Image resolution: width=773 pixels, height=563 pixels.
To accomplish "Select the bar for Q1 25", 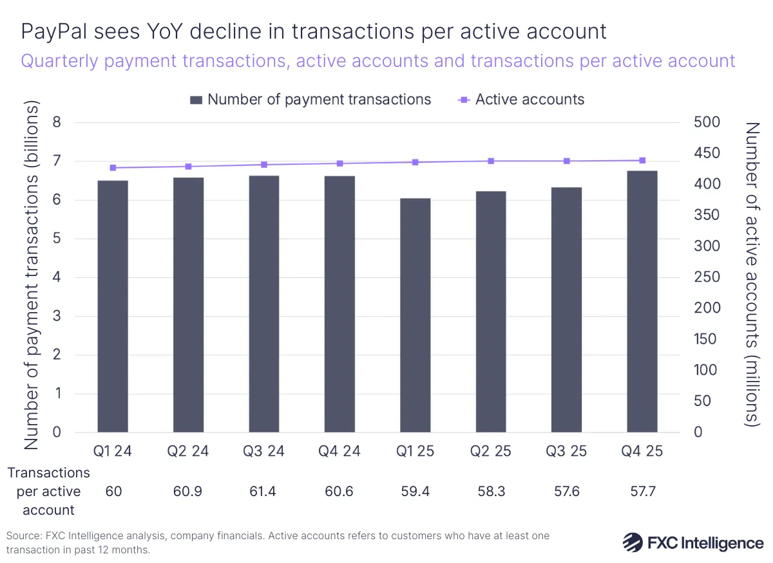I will [x=415, y=315].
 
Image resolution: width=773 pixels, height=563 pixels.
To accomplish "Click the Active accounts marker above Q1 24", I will [x=113, y=168].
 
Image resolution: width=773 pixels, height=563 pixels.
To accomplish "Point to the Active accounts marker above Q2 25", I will [x=491, y=161].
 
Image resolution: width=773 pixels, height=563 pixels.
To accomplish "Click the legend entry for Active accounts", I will [x=521, y=100].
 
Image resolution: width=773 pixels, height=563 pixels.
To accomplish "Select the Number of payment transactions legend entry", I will [x=311, y=100].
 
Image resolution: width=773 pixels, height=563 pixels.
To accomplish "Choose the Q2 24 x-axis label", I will [x=188, y=452].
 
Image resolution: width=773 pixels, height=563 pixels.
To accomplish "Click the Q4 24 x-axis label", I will [x=339, y=452].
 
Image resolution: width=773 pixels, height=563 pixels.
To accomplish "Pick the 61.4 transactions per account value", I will [x=264, y=492].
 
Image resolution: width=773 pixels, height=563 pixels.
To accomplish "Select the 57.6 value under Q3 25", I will [x=566, y=492].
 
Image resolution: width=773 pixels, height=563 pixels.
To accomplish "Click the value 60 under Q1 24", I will [x=113, y=492].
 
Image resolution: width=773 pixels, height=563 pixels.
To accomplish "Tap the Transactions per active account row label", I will [x=48, y=492].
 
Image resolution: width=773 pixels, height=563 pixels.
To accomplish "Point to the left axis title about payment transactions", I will [x=32, y=277].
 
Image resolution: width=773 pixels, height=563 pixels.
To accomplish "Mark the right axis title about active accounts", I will [x=752, y=274].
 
